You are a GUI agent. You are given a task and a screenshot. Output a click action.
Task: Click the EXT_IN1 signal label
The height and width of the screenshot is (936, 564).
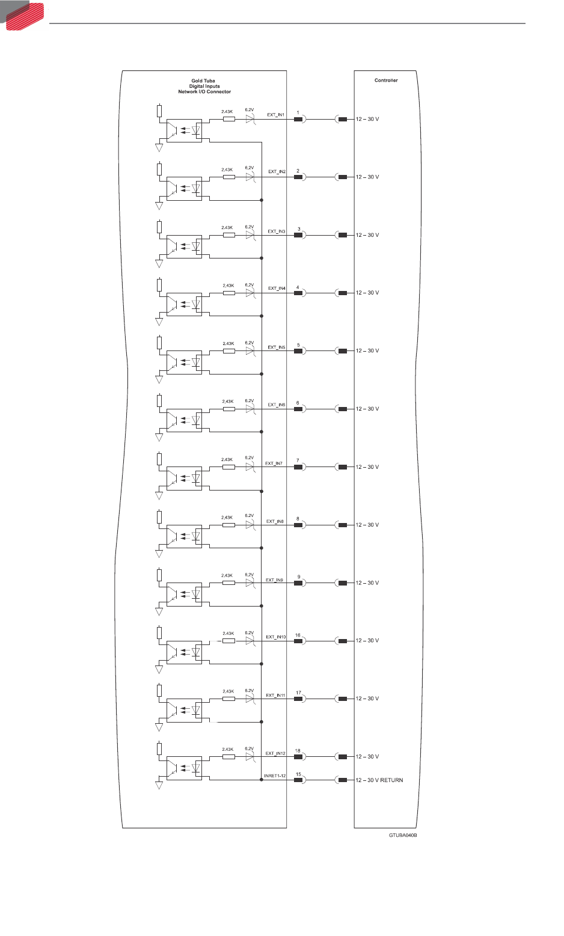[x=275, y=114]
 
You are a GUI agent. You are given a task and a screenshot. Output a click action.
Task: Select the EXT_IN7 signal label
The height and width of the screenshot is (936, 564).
[x=274, y=463]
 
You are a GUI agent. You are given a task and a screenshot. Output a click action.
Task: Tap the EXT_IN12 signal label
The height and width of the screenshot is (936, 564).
[x=275, y=753]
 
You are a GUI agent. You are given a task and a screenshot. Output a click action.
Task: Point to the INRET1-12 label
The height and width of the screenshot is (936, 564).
[x=275, y=776]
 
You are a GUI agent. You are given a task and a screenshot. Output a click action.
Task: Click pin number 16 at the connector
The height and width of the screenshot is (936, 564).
[x=298, y=635]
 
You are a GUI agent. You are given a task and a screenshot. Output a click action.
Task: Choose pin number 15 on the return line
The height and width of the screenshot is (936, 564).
[x=298, y=774]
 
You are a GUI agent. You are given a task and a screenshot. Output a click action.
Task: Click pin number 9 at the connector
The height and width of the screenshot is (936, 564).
[x=298, y=577]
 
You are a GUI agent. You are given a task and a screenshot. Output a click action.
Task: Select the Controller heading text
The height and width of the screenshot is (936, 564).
[x=386, y=80]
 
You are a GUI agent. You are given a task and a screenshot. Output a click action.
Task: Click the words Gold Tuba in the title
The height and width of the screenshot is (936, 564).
[x=203, y=81]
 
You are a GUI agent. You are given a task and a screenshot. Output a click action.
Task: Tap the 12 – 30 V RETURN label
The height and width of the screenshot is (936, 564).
[x=379, y=780]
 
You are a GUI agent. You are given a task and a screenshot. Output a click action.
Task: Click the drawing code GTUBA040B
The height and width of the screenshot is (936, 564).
[x=402, y=836]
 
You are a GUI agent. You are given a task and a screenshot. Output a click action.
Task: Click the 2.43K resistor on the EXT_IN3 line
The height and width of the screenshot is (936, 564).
[x=228, y=235]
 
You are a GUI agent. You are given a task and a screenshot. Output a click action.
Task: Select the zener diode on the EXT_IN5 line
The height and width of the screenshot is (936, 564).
[x=251, y=351]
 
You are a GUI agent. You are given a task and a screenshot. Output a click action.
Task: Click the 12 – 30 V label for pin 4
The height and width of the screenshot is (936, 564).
[x=367, y=293]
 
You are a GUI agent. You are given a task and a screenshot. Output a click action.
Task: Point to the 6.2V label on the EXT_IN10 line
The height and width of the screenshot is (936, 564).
[x=250, y=633]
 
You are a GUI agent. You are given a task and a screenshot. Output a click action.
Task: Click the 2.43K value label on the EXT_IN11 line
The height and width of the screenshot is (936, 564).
[x=228, y=691]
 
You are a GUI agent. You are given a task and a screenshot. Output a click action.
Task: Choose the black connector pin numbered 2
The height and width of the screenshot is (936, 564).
[x=298, y=177]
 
